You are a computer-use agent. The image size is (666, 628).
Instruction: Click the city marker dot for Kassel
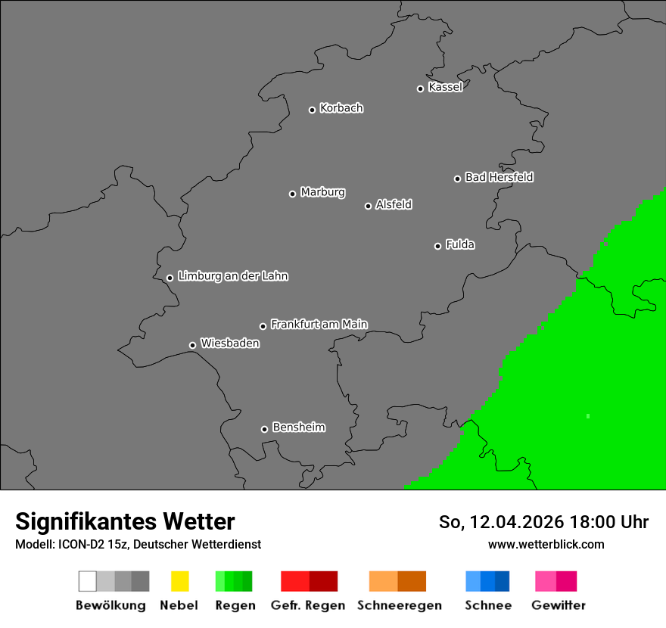tap(420, 89)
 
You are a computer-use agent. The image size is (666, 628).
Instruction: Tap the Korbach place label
tap(341, 108)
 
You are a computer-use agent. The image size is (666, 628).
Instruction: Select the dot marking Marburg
tap(292, 194)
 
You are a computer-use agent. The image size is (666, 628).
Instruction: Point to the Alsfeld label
tap(394, 204)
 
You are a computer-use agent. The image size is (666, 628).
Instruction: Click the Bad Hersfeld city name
tap(499, 177)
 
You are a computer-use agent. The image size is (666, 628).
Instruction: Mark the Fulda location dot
tap(437, 246)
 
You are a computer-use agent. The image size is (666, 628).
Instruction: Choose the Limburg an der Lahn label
tap(232, 276)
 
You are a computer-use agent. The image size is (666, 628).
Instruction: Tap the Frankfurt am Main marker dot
tap(263, 326)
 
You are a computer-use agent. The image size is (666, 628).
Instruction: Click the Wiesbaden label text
tap(229, 344)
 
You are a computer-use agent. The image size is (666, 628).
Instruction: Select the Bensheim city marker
tap(264, 429)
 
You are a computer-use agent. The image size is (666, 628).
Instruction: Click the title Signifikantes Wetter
tap(125, 521)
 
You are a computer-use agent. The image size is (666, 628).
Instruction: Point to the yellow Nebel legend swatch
tap(179, 581)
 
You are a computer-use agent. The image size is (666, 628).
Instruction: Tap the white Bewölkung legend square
tap(88, 581)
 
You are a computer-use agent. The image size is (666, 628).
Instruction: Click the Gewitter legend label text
tap(558, 605)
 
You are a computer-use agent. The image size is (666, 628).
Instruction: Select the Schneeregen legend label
tap(399, 605)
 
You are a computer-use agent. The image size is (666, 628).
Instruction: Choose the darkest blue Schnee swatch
tap(503, 581)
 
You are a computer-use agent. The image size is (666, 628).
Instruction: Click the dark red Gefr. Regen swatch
tap(323, 581)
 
